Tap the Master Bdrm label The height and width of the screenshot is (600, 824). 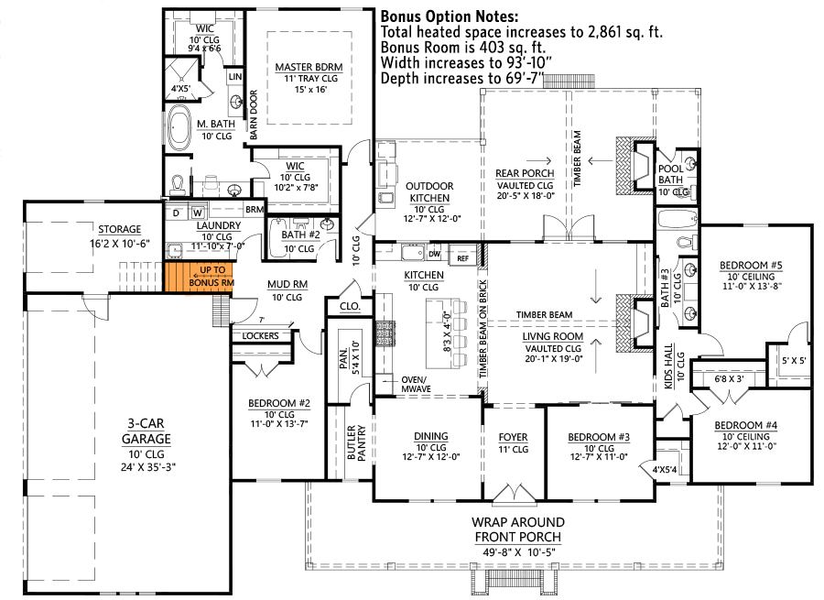pyautogui.click(x=307, y=67)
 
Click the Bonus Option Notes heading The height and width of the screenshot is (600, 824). pyautogui.click(x=449, y=16)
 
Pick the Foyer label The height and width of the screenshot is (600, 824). pyautogui.click(x=514, y=437)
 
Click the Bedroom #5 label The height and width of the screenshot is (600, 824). pyautogui.click(x=750, y=265)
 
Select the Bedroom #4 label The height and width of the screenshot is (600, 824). pyautogui.click(x=746, y=425)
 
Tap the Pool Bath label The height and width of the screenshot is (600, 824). pyautogui.click(x=671, y=174)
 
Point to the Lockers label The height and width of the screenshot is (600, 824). pyautogui.click(x=261, y=336)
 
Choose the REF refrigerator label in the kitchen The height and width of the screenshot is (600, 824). pyautogui.click(x=462, y=258)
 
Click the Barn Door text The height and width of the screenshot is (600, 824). pyautogui.click(x=253, y=117)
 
